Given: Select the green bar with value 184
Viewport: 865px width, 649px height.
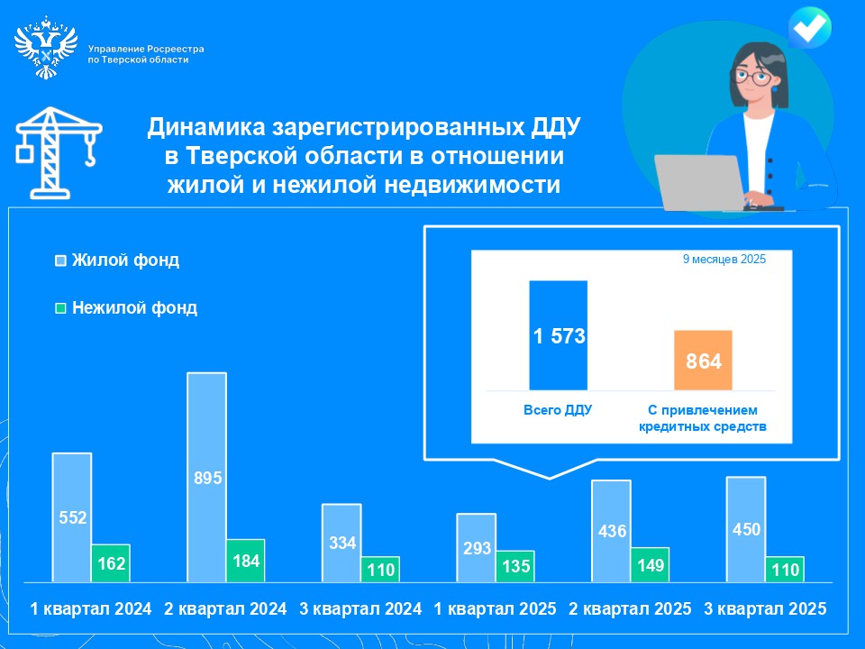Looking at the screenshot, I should point(245,560).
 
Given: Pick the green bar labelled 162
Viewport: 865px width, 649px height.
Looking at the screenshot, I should point(111,563).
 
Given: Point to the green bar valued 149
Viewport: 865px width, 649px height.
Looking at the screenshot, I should point(650,564).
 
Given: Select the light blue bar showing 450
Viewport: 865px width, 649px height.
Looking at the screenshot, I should point(745,528).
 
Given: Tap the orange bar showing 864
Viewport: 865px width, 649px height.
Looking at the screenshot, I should point(703,361).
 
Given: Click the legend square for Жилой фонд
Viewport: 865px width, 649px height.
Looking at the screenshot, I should point(60,261).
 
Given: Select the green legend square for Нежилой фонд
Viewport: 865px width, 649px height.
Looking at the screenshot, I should point(60,308).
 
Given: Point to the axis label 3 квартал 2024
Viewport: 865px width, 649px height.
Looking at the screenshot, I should point(360,608).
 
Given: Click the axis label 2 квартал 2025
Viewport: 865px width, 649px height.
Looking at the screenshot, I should point(630,608).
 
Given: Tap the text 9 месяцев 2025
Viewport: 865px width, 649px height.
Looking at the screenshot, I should point(724,260).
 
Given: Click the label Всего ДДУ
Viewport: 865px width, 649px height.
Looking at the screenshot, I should point(558,409).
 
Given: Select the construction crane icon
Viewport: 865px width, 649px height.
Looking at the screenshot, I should point(56,151).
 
